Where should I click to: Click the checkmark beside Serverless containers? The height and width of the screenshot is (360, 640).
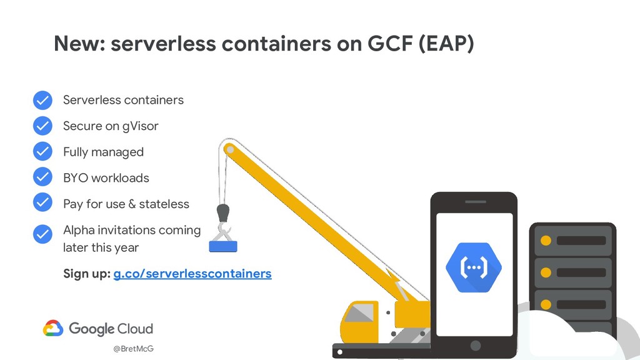pos(42,100)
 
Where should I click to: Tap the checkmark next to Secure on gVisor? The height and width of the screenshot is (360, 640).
pos(42,126)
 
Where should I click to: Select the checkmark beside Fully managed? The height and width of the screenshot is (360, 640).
pos(42,152)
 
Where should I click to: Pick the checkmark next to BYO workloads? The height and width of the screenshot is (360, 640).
pos(42,177)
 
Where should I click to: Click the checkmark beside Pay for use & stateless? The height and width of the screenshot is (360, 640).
pos(42,203)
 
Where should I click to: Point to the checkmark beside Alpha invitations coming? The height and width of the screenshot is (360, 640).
pos(42,234)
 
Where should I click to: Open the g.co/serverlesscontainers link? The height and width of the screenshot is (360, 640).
pos(192,274)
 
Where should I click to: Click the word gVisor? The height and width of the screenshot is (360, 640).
pos(141,126)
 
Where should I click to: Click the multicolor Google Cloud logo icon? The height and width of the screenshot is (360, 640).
pos(53,328)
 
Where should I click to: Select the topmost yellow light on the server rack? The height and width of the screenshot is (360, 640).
pos(546,241)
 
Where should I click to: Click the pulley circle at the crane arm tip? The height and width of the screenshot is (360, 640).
pos(229,149)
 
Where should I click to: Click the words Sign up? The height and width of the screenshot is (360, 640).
pos(86,274)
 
